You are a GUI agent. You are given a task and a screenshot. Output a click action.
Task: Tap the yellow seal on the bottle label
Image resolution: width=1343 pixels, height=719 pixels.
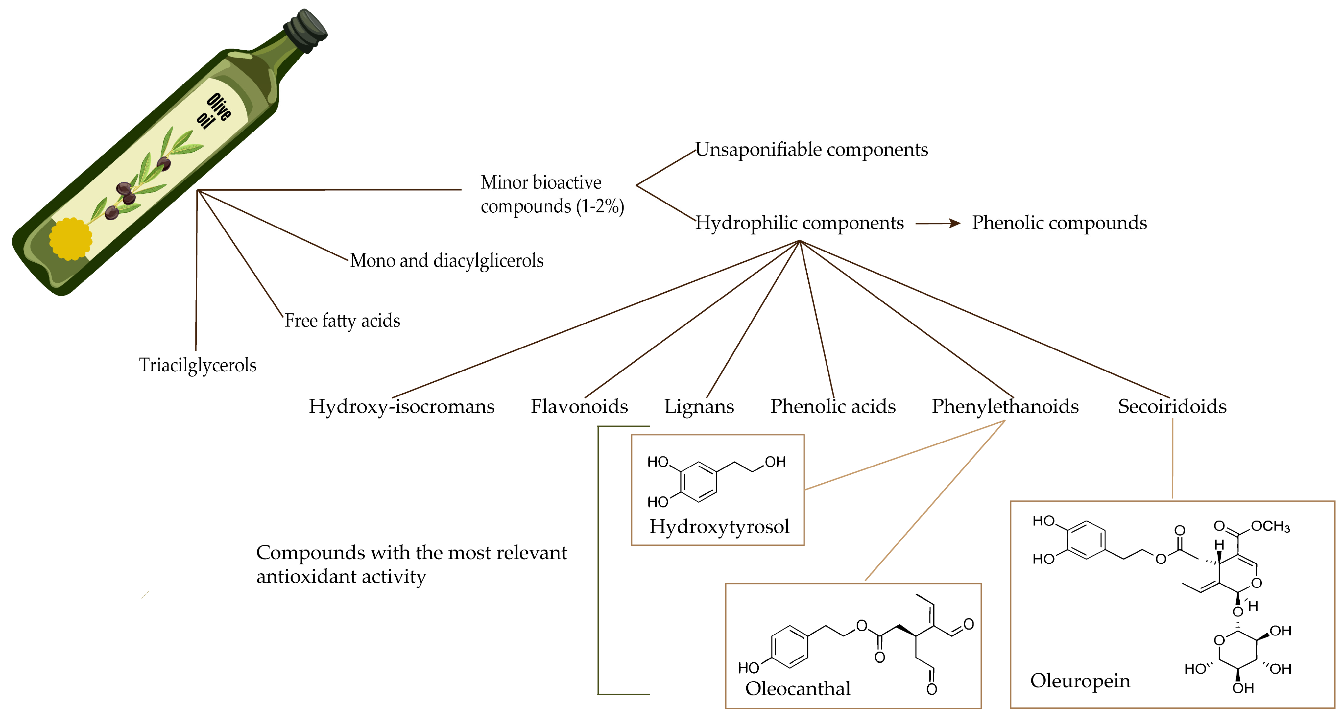coord(70,239)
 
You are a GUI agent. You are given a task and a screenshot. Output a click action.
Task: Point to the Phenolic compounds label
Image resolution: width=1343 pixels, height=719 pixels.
coord(1059,223)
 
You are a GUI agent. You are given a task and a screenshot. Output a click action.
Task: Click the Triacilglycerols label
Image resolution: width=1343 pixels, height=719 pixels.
coord(198,365)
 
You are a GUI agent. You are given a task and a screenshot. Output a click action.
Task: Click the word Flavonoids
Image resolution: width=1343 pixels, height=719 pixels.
coord(579,406)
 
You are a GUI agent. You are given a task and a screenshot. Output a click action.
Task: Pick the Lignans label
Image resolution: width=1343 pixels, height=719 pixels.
coord(699,406)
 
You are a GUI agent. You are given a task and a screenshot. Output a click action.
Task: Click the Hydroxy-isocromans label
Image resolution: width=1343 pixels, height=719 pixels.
coord(401,406)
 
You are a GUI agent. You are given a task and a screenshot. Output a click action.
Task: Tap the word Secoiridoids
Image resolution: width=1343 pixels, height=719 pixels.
coord(1172,406)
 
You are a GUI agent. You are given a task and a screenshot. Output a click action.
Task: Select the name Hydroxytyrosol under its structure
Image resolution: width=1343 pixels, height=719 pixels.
coord(719,527)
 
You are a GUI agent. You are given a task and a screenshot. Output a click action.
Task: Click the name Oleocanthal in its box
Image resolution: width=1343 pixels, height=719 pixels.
coord(798,689)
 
